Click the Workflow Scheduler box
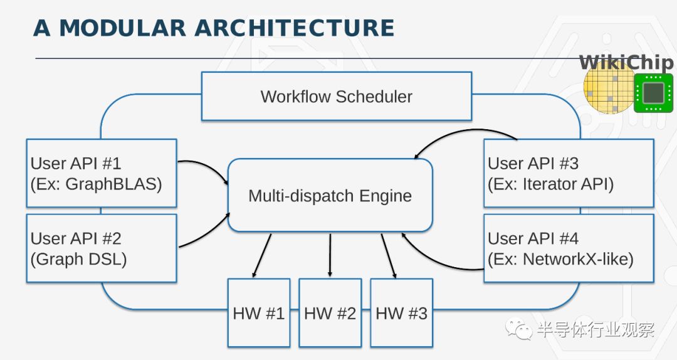pyautogui.click(x=337, y=96)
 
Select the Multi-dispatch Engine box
pyautogui.click(x=330, y=195)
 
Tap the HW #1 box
pyautogui.click(x=259, y=312)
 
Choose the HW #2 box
pyautogui.click(x=330, y=312)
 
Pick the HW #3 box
pyautogui.click(x=402, y=312)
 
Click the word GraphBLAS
pyautogui.click(x=113, y=184)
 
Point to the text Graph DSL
pyautogui.click(x=78, y=259)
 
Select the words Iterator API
pyautogui.click(x=568, y=184)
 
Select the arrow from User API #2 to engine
pyautogui.click(x=208, y=234)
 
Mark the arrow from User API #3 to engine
pyautogui.click(x=461, y=133)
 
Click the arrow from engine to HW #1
pyautogui.click(x=261, y=255)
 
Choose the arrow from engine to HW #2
pyautogui.click(x=330, y=255)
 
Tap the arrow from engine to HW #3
pyautogui.click(x=389, y=255)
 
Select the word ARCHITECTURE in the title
pyautogui.click(x=294, y=28)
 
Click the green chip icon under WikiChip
pyautogui.click(x=653, y=93)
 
